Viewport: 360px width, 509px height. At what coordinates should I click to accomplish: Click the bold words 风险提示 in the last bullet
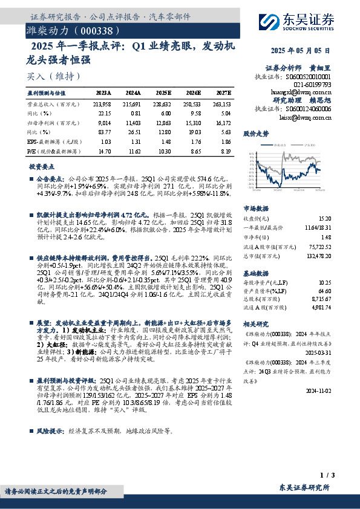pyautogui.click(x=50, y=432)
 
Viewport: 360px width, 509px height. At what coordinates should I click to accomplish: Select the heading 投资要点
pyautogui.click(x=41, y=166)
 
